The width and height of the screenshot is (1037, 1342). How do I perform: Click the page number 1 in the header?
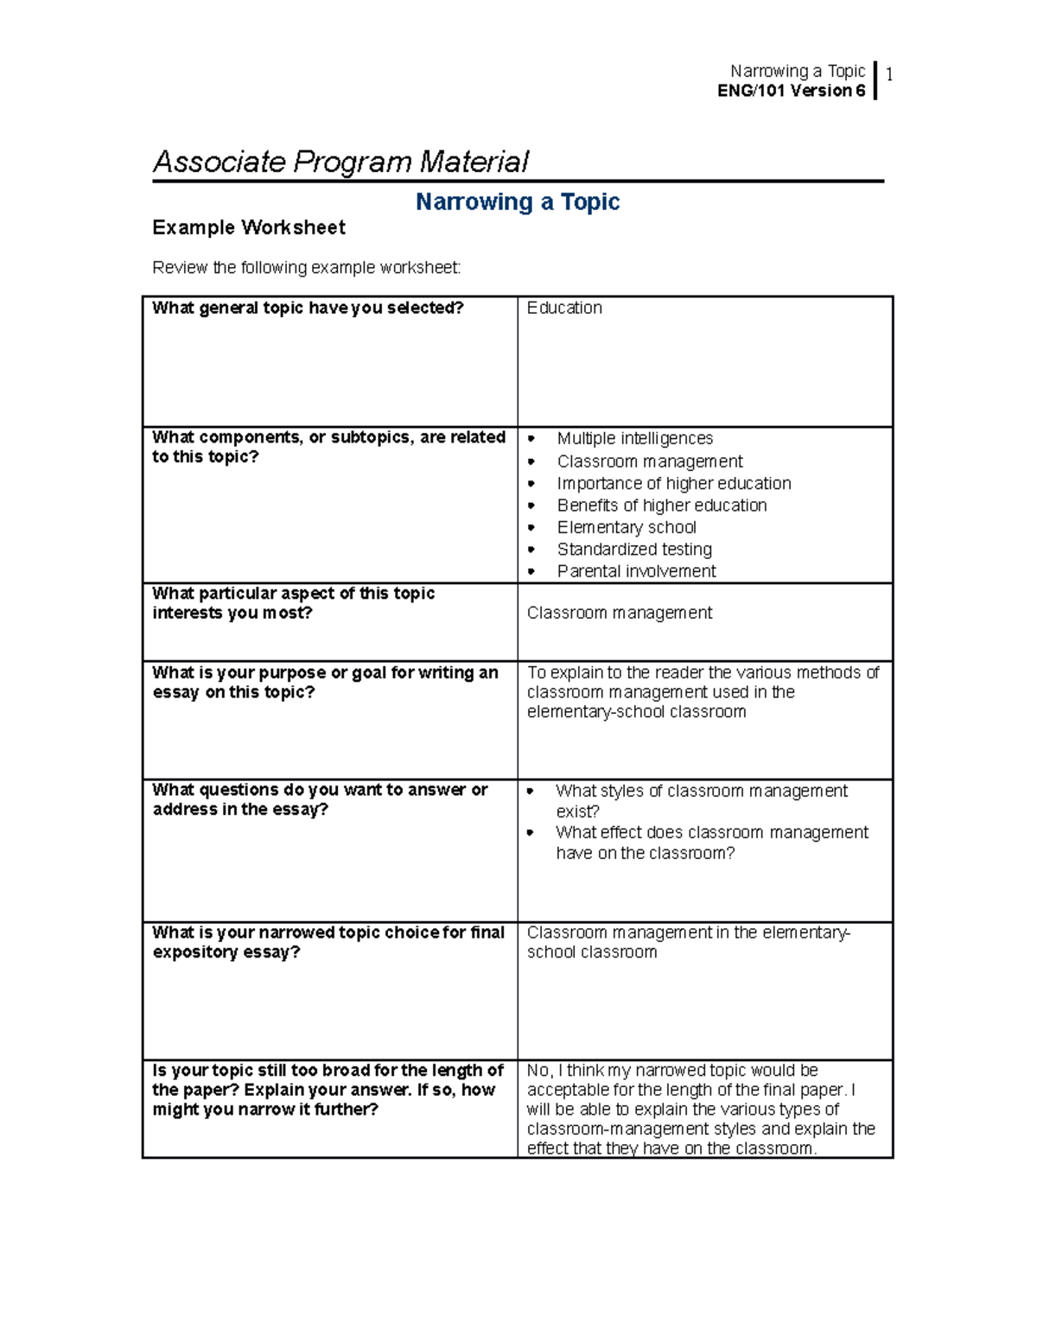pyautogui.click(x=889, y=74)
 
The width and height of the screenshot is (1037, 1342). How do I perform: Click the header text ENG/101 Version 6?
pyautogui.click(x=791, y=91)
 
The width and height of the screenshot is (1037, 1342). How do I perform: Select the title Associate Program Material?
pyautogui.click(x=340, y=162)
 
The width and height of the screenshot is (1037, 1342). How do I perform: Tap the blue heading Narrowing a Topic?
pyautogui.click(x=518, y=202)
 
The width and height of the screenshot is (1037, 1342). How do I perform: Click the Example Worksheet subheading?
pyautogui.click(x=249, y=227)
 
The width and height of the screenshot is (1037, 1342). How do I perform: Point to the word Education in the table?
pyautogui.click(x=564, y=308)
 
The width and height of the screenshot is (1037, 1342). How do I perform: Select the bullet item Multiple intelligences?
pyautogui.click(x=634, y=439)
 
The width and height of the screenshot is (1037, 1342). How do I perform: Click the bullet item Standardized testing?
pyautogui.click(x=634, y=550)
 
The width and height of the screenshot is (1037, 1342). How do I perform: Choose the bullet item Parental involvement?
pyautogui.click(x=636, y=571)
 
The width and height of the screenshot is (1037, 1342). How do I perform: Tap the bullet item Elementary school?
pyautogui.click(x=627, y=528)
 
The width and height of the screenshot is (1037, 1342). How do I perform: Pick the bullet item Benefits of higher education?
pyautogui.click(x=662, y=506)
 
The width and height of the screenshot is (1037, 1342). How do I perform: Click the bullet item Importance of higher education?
pyautogui.click(x=674, y=484)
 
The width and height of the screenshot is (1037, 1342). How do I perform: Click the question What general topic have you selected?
pyautogui.click(x=309, y=308)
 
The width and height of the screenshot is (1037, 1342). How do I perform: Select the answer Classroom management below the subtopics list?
pyautogui.click(x=620, y=614)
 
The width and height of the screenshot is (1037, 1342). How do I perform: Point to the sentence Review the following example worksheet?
pyautogui.click(x=307, y=268)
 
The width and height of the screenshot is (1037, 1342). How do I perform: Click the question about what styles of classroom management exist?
pyautogui.click(x=701, y=801)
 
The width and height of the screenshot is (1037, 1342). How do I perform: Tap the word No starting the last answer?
pyautogui.click(x=538, y=1071)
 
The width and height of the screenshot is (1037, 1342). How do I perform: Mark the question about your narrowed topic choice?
pyautogui.click(x=328, y=942)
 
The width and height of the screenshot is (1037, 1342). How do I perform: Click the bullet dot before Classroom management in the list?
pyautogui.click(x=531, y=462)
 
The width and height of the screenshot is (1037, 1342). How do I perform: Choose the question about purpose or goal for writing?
pyautogui.click(x=325, y=683)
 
